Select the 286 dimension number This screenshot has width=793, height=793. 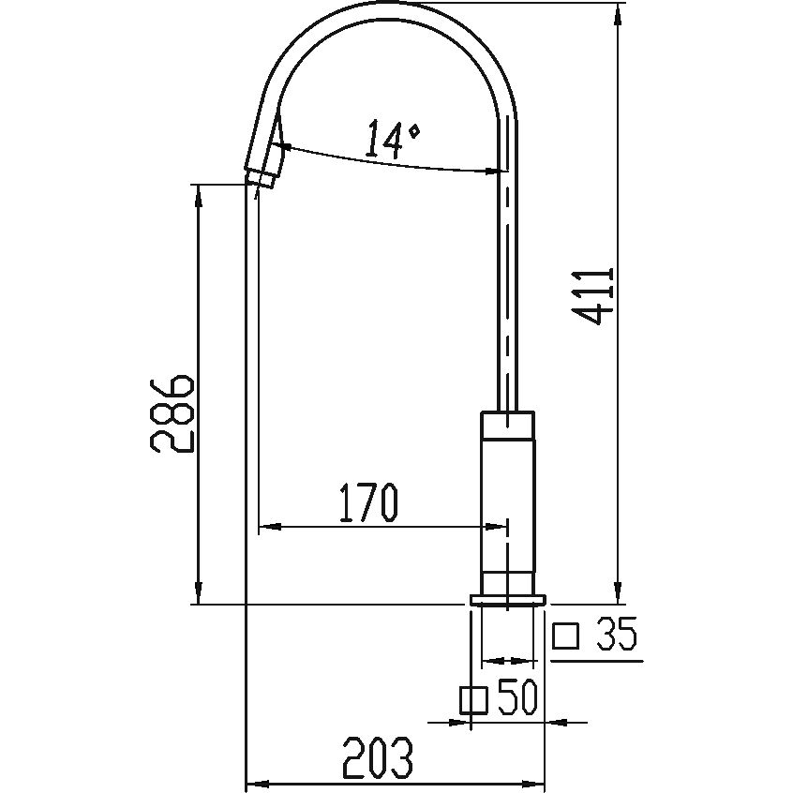(x=171, y=413)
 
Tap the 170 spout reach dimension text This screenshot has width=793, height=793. (x=368, y=502)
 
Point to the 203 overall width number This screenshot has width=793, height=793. (x=378, y=757)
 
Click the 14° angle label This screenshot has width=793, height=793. (x=392, y=139)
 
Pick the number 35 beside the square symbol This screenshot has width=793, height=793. (x=616, y=635)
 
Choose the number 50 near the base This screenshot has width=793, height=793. (x=516, y=698)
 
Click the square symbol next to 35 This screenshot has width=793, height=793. (x=565, y=636)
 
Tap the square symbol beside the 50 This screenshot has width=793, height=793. (x=473, y=700)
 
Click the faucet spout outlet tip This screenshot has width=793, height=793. (x=261, y=180)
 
